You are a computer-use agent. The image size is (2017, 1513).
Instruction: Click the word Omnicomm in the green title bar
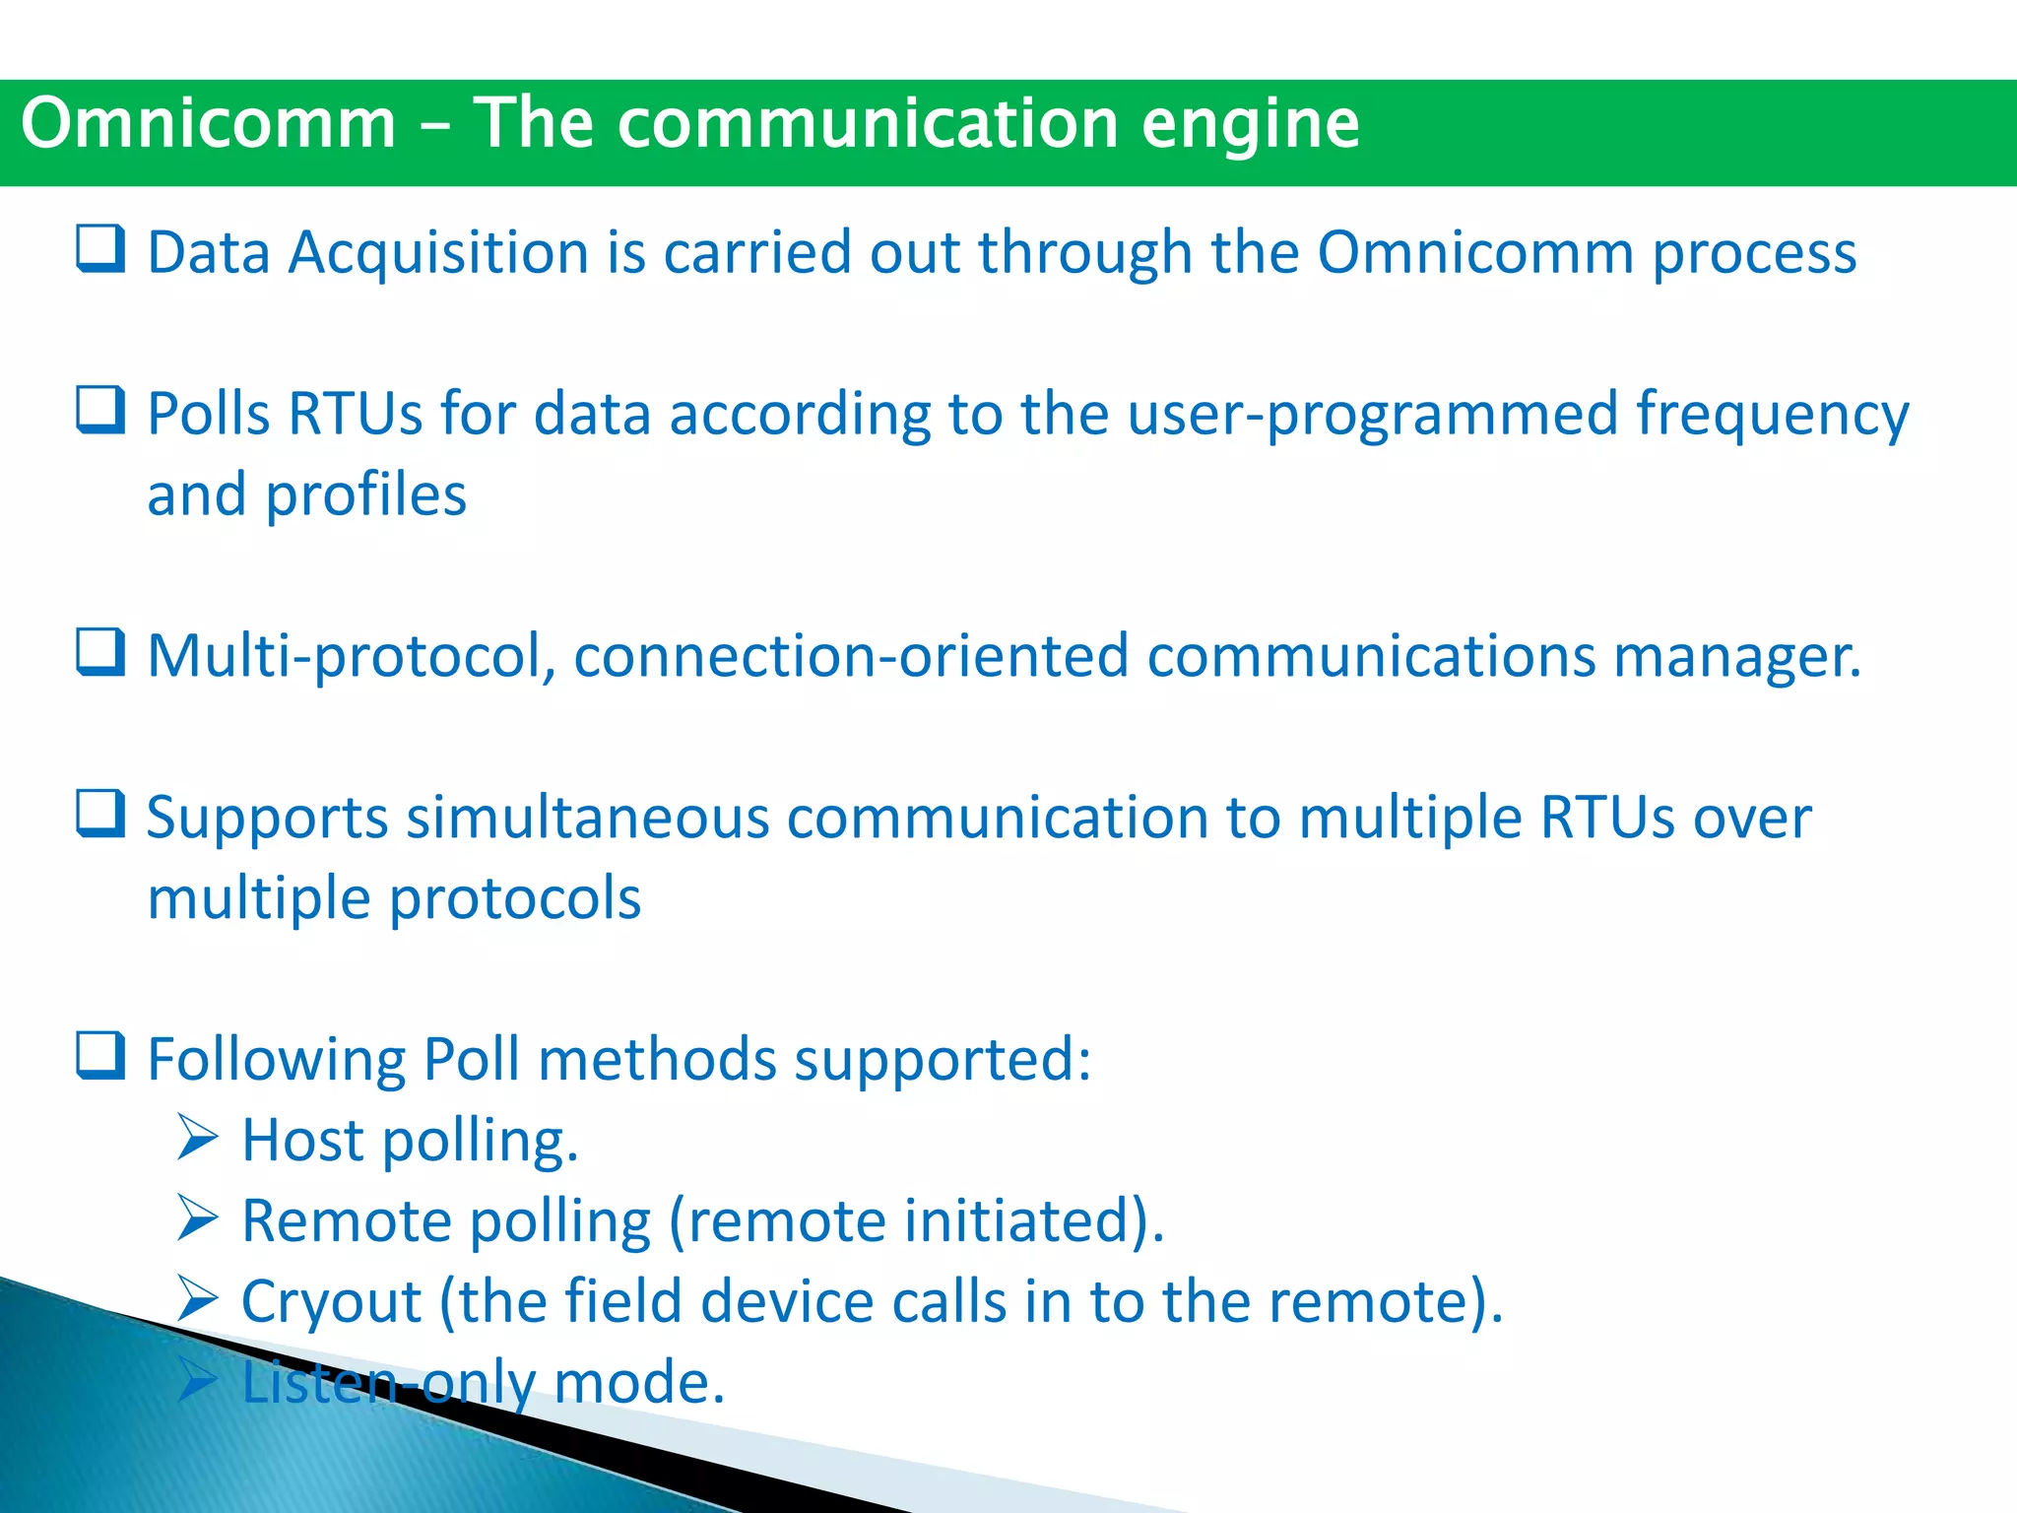click(208, 124)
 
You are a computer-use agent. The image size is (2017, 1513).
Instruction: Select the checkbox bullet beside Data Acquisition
click(100, 248)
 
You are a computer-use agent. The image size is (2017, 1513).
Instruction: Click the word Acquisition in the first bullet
click(438, 253)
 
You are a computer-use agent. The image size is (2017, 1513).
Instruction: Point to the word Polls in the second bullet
click(208, 414)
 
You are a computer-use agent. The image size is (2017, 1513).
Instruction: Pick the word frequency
click(1773, 416)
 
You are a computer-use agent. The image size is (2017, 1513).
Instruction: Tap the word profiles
click(365, 495)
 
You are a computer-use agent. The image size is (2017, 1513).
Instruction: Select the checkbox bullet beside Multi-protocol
click(100, 652)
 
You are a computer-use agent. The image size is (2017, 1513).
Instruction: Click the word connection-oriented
click(851, 657)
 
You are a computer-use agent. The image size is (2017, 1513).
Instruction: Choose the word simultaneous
click(587, 819)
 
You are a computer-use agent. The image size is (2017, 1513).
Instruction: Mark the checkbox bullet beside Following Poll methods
click(100, 1056)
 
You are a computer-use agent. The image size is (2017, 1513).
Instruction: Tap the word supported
click(942, 1062)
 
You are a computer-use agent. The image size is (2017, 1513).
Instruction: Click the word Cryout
click(331, 1303)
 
